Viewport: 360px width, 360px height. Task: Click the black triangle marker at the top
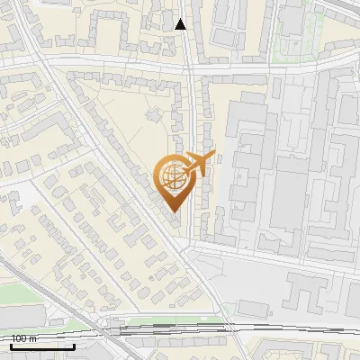(x=181, y=24)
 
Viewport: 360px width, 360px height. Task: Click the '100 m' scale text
(x=24, y=338)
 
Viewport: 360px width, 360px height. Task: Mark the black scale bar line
(x=42, y=346)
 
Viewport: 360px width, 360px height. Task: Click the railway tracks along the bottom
(x=180, y=330)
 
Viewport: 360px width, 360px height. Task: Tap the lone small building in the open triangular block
(x=150, y=114)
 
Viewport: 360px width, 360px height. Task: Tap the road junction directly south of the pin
(x=190, y=241)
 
